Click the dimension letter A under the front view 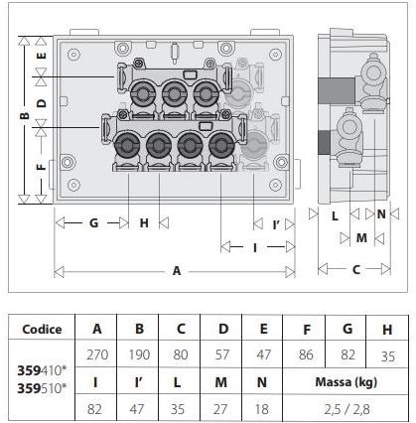tap(177, 271)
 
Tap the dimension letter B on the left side tap(25, 115)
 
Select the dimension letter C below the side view tap(356, 270)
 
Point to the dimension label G tap(94, 222)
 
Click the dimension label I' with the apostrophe tap(277, 225)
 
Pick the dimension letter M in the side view tap(361, 237)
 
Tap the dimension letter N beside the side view tap(381, 214)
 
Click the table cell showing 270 tap(97, 354)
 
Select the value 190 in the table tap(139, 354)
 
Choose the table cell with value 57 tap(222, 354)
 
